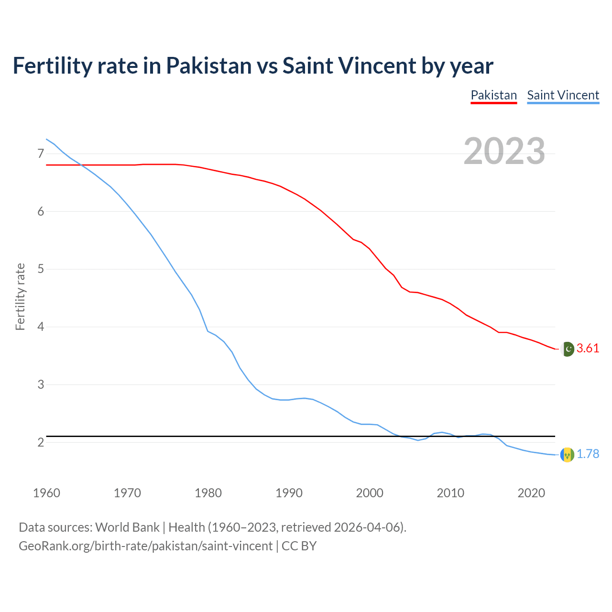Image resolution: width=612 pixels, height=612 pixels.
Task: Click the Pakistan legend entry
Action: click(493, 95)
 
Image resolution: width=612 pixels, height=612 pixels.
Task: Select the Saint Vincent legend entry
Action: click(563, 95)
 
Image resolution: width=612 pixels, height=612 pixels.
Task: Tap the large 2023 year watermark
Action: click(504, 151)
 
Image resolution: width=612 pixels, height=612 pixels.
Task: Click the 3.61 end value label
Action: click(588, 349)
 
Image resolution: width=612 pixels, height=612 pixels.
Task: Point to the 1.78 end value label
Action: click(588, 454)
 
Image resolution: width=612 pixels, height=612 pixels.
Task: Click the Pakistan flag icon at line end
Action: click(567, 349)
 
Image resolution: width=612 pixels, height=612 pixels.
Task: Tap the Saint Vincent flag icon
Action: click(567, 455)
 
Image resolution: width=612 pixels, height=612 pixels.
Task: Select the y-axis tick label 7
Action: click(41, 153)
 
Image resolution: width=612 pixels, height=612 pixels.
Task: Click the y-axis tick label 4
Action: click(41, 327)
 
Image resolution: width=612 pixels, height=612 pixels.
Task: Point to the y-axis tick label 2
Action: click(41, 443)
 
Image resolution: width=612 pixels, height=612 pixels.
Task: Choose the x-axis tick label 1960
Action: click(46, 493)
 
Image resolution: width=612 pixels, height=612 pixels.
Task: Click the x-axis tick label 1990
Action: click(289, 493)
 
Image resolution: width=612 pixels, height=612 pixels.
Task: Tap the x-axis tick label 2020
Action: click(531, 493)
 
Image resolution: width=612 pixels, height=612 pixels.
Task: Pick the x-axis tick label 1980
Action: click(208, 493)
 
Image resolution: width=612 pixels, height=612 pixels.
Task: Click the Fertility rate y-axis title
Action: click(20, 296)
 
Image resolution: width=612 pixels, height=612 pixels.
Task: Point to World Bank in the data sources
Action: click(127, 527)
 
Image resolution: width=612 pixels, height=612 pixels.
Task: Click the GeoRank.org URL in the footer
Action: click(145, 546)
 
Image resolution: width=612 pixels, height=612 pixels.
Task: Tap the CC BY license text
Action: click(299, 546)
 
